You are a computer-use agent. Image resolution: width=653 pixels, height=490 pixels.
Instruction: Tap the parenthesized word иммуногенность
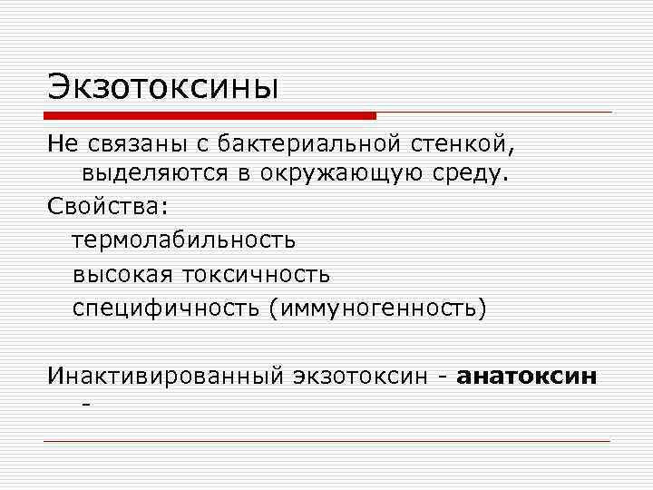pos(377,308)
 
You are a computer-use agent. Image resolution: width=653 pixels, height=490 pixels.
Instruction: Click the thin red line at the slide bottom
pos(326,441)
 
